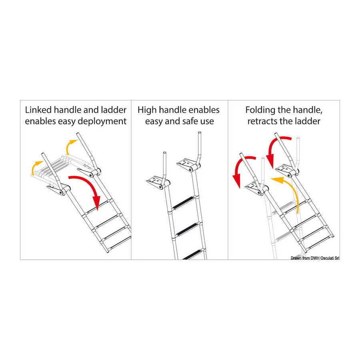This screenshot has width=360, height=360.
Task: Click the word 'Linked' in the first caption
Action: point(38,110)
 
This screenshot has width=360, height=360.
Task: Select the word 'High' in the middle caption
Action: point(147,110)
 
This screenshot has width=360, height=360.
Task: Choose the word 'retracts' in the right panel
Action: point(263,122)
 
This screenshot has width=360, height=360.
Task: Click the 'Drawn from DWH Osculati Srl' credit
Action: point(315,258)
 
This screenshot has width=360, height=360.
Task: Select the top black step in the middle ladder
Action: point(184,203)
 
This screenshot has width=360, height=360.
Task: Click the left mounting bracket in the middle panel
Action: point(156,182)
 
